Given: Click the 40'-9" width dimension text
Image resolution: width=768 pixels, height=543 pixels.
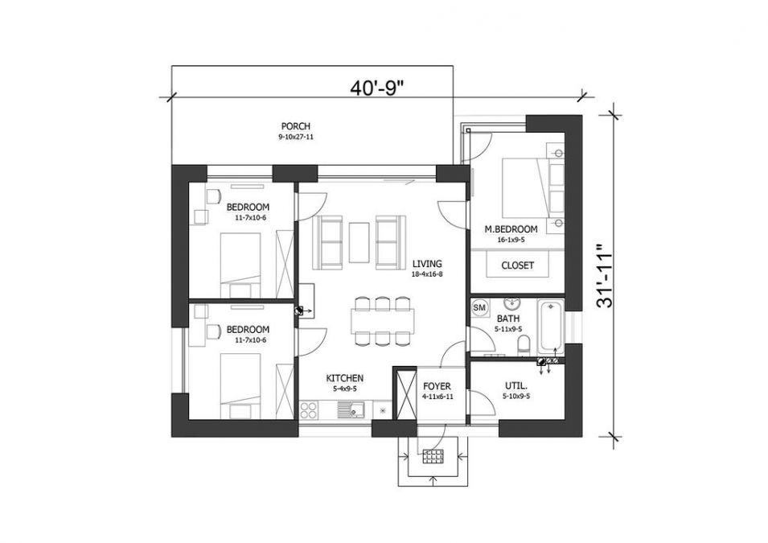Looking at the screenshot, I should tap(376, 88).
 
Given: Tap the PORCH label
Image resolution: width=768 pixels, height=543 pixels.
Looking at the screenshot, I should tap(295, 126).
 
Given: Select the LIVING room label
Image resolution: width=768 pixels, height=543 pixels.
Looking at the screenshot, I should tap(427, 263).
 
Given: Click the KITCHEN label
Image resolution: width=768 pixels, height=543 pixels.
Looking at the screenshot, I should tap(344, 378).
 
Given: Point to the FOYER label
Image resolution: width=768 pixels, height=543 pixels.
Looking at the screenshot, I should tap(437, 386).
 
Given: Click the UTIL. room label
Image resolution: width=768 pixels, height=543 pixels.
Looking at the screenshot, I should tap(515, 386).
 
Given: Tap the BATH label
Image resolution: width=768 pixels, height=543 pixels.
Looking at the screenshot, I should tap(507, 319).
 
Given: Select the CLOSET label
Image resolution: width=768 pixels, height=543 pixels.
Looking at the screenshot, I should tap(517, 265).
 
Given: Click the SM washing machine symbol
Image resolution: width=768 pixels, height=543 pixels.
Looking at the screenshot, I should tap(479, 307).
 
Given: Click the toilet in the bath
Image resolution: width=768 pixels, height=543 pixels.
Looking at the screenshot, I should tap(524, 345).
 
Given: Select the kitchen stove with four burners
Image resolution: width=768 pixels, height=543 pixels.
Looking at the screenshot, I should tap(309, 410).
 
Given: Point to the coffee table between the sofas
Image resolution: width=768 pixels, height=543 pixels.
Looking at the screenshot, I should tap(359, 241).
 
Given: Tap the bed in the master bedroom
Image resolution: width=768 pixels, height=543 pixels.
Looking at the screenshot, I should tap(527, 185).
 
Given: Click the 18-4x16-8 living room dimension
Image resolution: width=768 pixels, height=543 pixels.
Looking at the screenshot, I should tap(427, 274).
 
